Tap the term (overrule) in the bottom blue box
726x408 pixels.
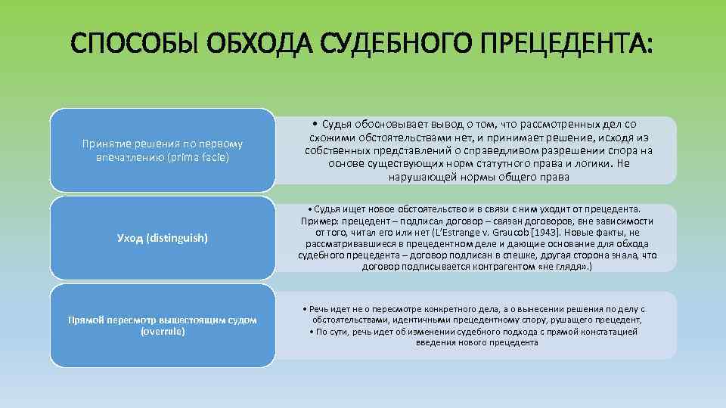click(163, 331)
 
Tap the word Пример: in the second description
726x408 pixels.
click(319, 221)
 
